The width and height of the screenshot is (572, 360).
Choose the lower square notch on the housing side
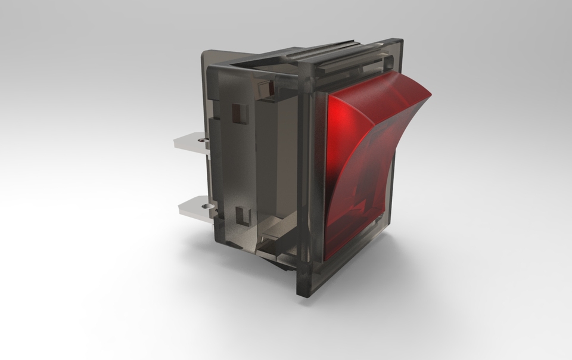tap(241, 215)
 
